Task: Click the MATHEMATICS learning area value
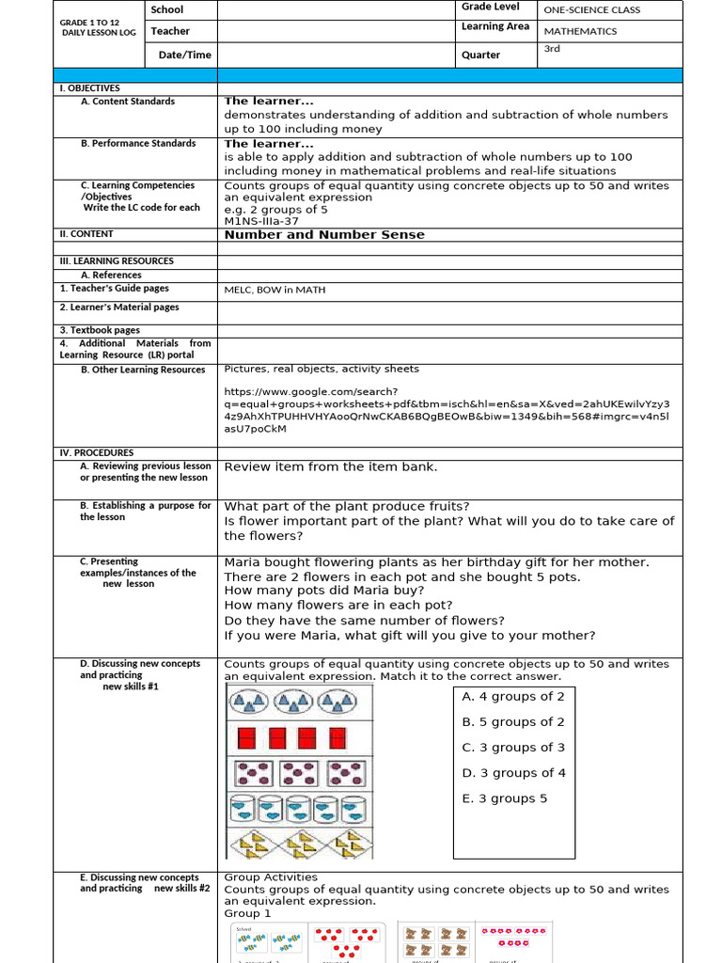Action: (580, 31)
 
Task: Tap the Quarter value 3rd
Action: (552, 49)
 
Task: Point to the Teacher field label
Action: (170, 31)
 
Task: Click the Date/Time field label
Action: (184, 55)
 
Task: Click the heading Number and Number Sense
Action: (323, 234)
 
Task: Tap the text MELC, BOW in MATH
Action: (275, 290)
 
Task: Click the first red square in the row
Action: (245, 737)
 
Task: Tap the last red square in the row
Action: (337, 737)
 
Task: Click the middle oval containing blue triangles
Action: (292, 701)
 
